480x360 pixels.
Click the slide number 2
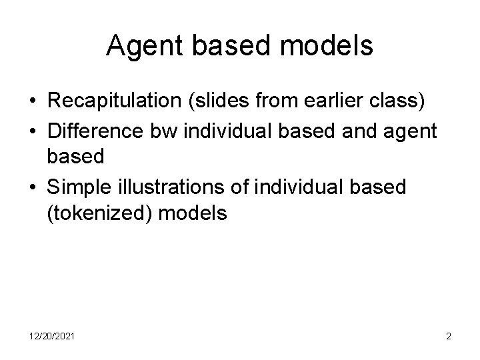[x=449, y=337]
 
